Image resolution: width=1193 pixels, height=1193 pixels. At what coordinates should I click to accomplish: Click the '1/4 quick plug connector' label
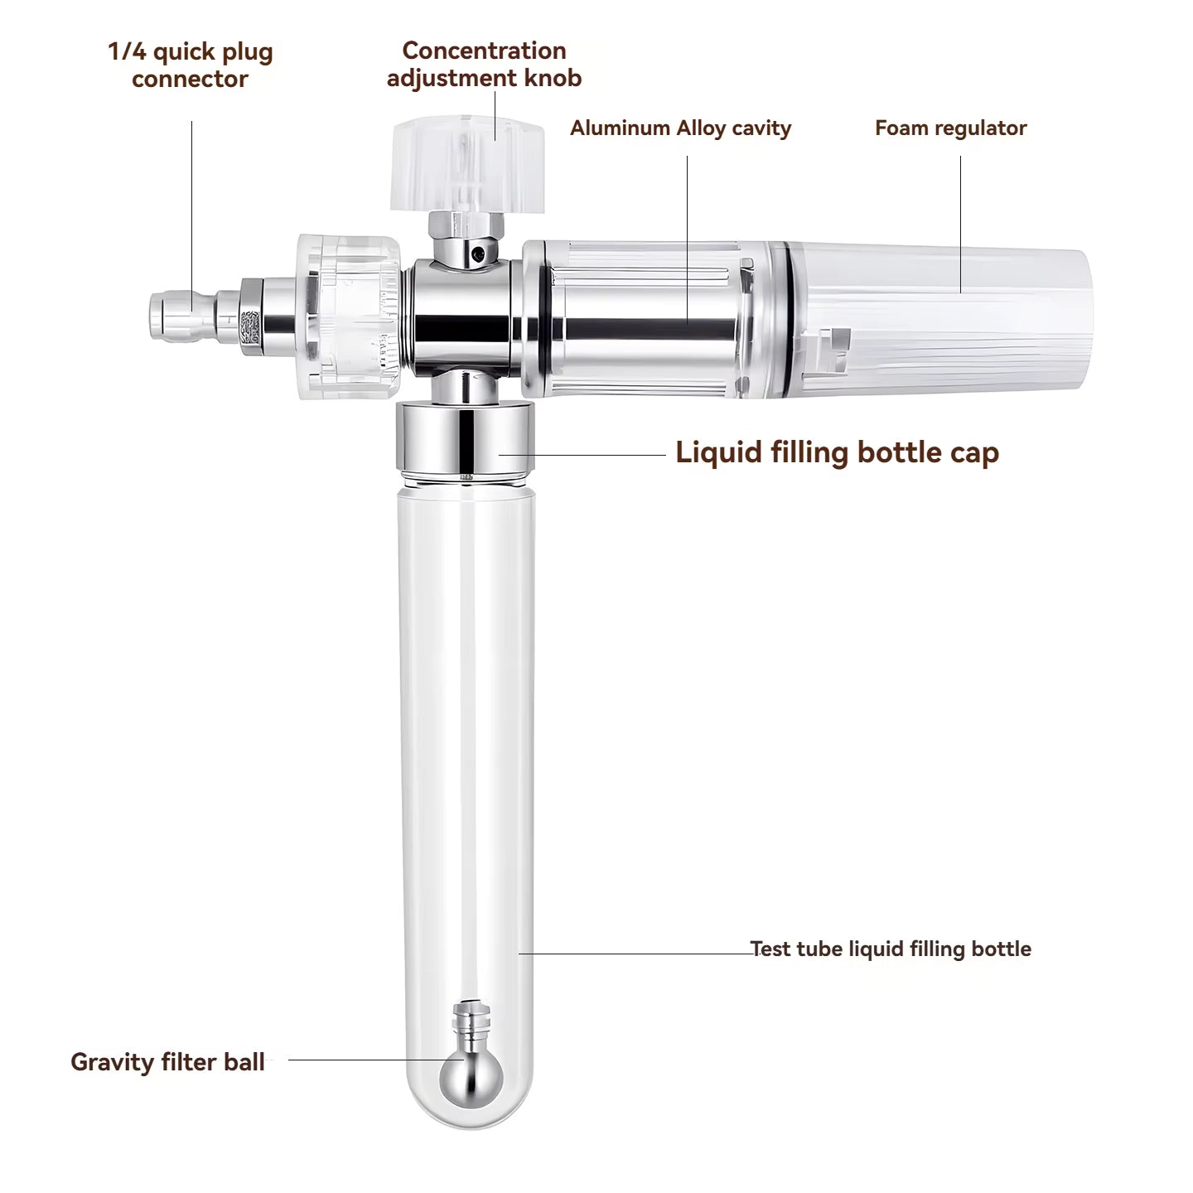click(190, 65)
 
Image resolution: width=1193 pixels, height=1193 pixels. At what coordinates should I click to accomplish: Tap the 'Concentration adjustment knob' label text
click(484, 65)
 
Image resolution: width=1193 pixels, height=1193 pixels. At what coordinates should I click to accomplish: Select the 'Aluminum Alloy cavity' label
click(680, 128)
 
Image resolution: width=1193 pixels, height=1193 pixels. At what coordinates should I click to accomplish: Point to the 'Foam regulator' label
click(951, 128)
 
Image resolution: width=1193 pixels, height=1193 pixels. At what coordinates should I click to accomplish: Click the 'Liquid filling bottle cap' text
click(837, 452)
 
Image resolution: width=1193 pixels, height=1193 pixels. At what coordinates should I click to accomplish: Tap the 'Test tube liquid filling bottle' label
click(891, 949)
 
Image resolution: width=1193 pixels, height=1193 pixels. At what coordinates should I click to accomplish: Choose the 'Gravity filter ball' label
click(168, 1062)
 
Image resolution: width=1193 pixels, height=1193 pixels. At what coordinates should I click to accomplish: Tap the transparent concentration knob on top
click(467, 164)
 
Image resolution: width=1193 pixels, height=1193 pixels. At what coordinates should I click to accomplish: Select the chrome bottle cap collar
click(465, 437)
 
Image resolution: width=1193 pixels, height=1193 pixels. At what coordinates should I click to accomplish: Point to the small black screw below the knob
click(476, 254)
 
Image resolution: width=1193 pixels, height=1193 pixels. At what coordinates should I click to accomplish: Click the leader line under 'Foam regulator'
click(961, 225)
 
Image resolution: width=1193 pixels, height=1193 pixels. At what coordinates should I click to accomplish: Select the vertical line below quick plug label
click(192, 215)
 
